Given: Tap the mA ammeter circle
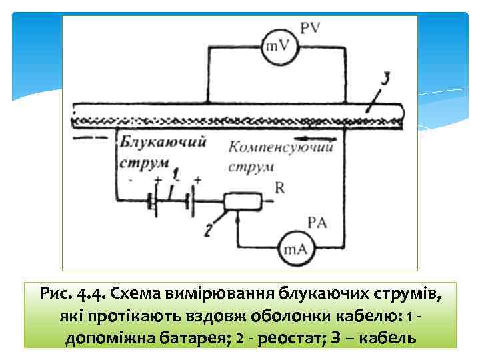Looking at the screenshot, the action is (x=293, y=249).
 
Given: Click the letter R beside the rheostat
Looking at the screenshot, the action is (x=279, y=189).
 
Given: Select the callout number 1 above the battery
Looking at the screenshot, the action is (x=175, y=174).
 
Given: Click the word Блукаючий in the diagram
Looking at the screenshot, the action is (x=162, y=142).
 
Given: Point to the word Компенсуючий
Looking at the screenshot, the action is (x=280, y=147).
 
